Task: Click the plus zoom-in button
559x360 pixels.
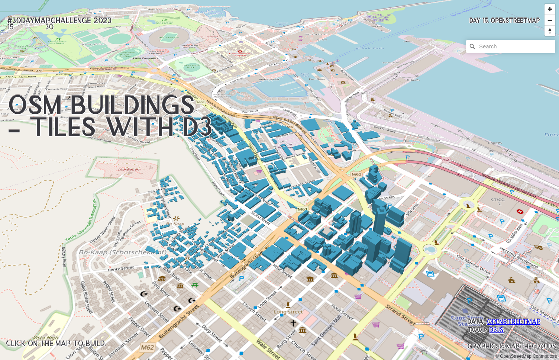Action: [550, 9]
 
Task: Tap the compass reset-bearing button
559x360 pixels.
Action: [550, 31]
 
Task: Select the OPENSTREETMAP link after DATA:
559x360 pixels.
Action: [513, 322]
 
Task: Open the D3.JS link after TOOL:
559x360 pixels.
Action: [496, 330]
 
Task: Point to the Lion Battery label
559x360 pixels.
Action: [129, 170]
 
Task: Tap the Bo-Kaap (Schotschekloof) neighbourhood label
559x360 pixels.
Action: [122, 252]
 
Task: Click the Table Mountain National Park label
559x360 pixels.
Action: [81, 220]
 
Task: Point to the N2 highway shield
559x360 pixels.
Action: [446, 160]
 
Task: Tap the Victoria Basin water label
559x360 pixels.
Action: [370, 48]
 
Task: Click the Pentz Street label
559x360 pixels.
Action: [121, 268]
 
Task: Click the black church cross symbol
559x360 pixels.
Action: [293, 323]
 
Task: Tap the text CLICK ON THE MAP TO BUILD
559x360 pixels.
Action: [56, 343]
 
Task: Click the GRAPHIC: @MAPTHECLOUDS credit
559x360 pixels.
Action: [511, 346]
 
